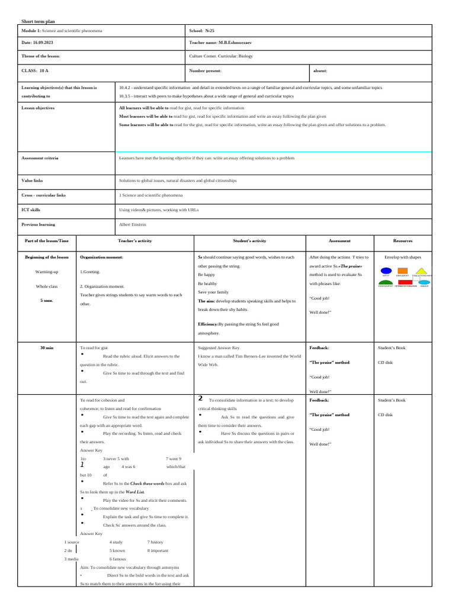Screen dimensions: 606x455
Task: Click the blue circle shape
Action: click(x=386, y=270)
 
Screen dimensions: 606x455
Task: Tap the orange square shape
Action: click(x=403, y=270)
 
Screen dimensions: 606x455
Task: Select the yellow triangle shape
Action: click(x=421, y=271)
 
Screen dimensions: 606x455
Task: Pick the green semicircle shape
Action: click(x=386, y=283)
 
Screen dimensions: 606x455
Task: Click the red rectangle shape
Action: click(x=405, y=283)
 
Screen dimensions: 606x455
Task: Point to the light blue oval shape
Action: click(x=424, y=283)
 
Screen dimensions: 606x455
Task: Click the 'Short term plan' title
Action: click(x=38, y=21)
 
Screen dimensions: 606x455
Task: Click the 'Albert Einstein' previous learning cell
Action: click(x=133, y=224)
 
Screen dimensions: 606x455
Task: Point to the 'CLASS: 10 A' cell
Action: click(x=35, y=70)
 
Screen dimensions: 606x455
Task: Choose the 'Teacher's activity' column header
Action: click(x=135, y=241)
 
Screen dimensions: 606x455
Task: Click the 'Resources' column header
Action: click(x=403, y=241)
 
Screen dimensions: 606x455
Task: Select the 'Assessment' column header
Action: click(x=339, y=241)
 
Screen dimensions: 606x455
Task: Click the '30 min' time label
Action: click(x=46, y=347)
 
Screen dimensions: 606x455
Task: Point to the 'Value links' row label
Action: click(x=32, y=180)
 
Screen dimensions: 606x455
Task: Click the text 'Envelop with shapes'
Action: click(x=403, y=257)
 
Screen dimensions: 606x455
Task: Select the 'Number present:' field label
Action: click(x=205, y=70)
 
